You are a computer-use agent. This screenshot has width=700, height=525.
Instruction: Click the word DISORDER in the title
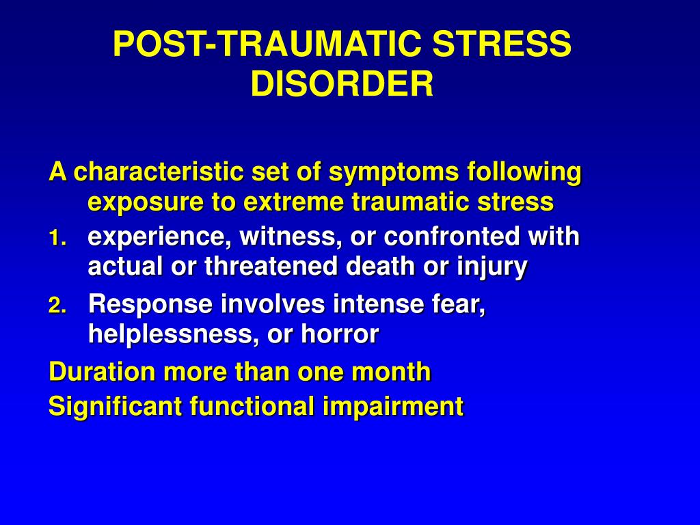tap(342, 83)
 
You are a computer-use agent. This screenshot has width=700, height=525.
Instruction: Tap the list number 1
tap(57, 239)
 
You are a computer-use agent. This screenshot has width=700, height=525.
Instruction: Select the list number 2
tap(57, 306)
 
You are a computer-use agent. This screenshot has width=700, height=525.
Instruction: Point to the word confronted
tap(451, 236)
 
